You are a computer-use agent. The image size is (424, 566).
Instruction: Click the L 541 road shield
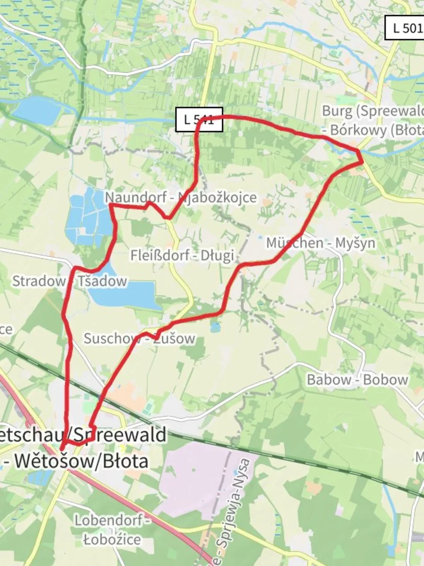click(199, 119)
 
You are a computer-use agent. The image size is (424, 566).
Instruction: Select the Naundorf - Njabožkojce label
click(181, 198)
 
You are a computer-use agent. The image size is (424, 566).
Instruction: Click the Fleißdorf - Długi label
click(182, 255)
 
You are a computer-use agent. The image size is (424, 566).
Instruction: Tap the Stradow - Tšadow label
click(69, 281)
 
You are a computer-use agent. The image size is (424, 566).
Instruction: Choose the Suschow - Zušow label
click(139, 339)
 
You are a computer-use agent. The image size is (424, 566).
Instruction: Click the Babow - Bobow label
click(357, 380)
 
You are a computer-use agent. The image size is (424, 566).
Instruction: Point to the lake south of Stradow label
click(126, 293)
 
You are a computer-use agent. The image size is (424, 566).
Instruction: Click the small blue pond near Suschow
click(215, 328)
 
